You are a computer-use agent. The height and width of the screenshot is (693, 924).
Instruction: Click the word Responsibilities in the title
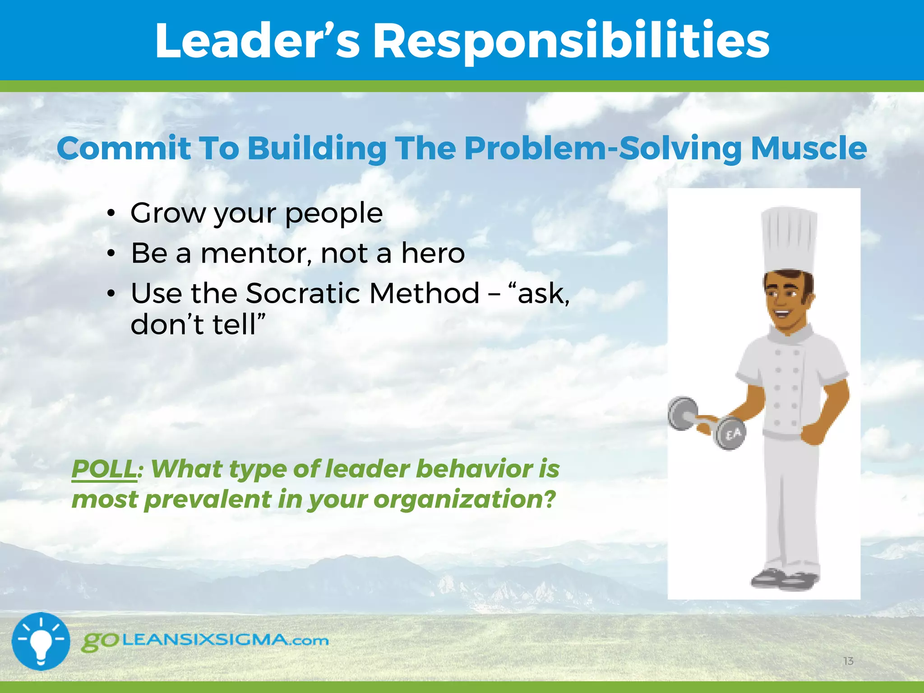(x=571, y=42)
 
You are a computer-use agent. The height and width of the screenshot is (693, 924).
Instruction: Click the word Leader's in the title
(x=257, y=42)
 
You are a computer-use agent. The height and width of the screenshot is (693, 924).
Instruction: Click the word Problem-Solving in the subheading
(x=603, y=149)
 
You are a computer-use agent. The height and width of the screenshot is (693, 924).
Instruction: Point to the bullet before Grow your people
(x=111, y=213)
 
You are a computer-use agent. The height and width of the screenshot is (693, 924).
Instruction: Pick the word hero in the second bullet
(x=433, y=253)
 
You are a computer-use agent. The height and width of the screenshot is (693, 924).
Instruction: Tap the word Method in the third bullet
(x=424, y=293)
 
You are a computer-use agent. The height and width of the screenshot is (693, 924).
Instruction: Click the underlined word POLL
(x=104, y=469)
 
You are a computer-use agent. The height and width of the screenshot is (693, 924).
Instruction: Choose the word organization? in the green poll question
(x=464, y=500)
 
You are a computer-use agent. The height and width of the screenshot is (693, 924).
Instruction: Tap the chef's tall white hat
(x=789, y=239)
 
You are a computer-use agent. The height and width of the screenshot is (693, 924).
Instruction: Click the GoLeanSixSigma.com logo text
(x=205, y=641)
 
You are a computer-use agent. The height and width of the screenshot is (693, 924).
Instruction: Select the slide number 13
(x=848, y=661)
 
